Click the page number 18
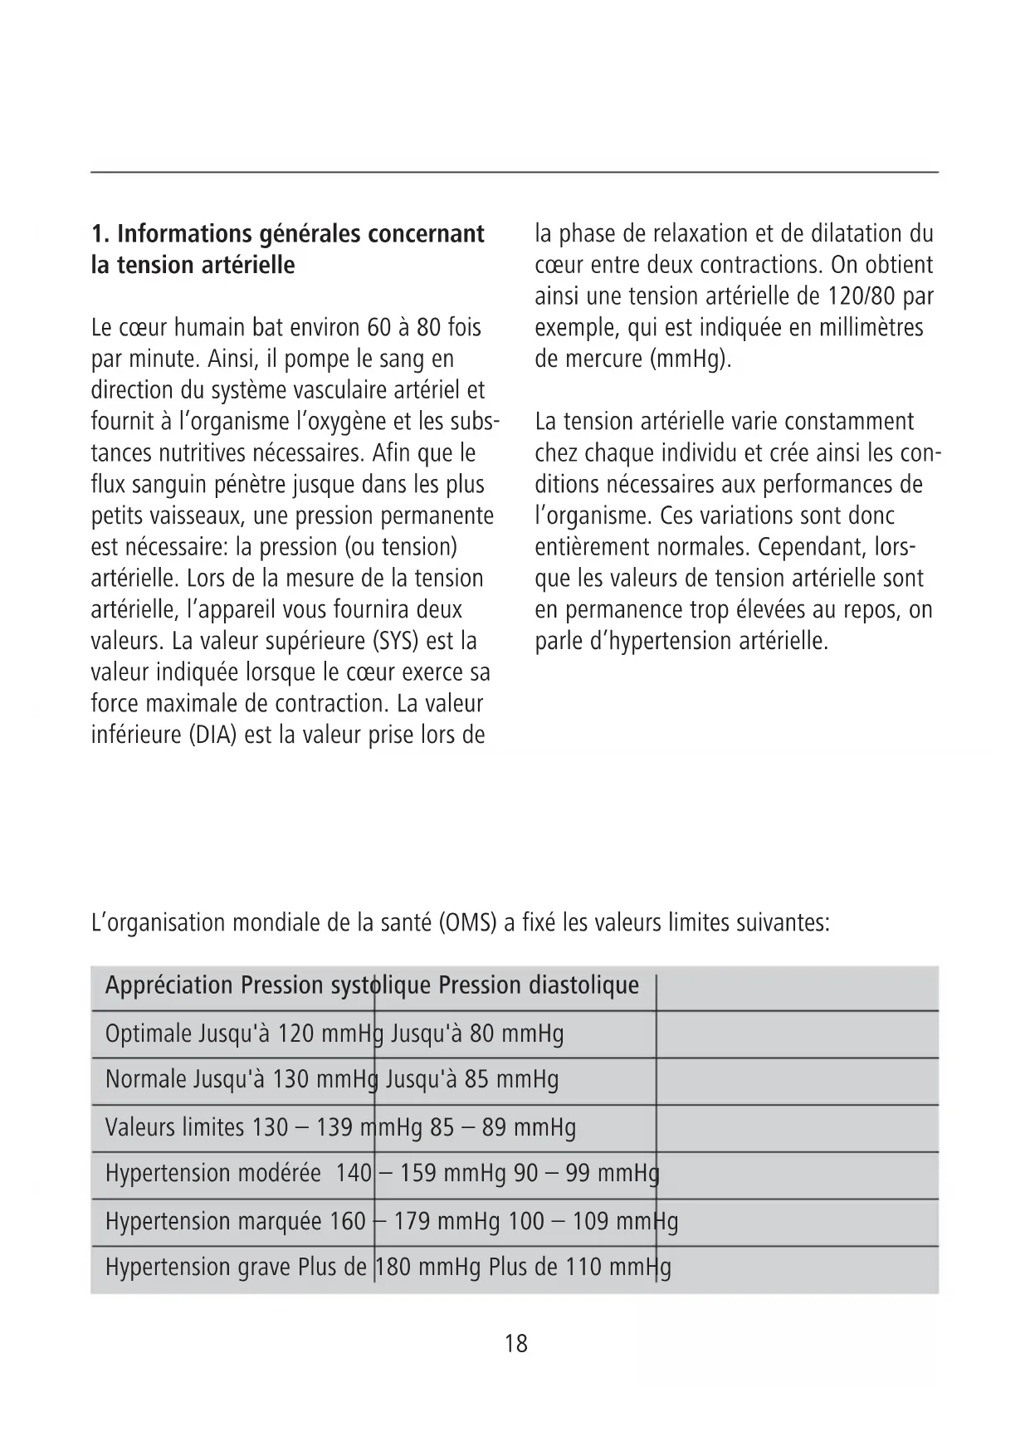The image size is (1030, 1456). pos(515,1343)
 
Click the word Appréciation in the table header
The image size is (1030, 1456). pos(168,985)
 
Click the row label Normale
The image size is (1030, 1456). pos(146,1079)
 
